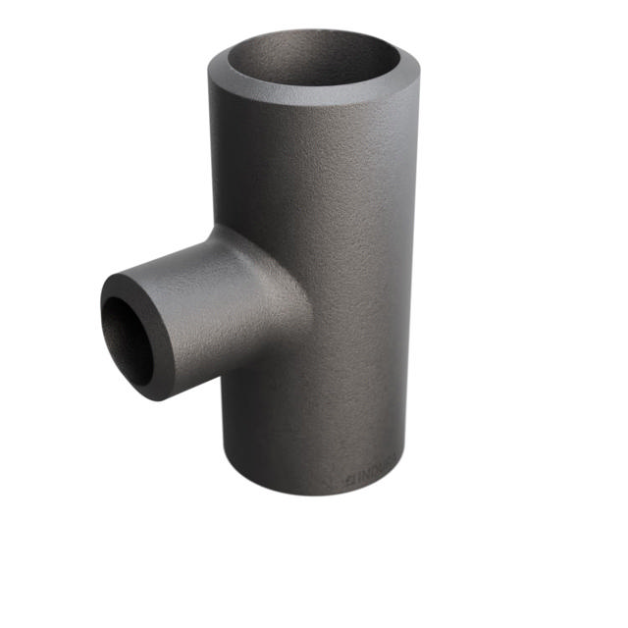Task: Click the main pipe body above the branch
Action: (x=314, y=167)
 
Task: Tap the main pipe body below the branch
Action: (x=314, y=422)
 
